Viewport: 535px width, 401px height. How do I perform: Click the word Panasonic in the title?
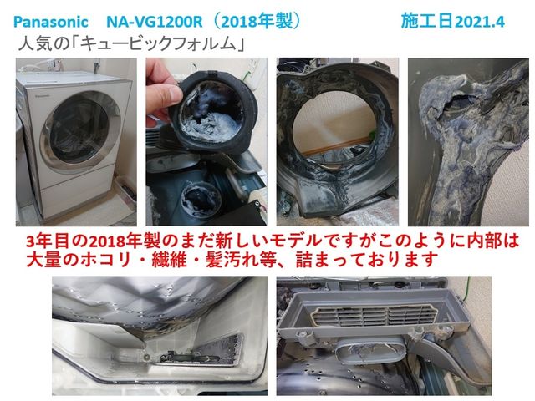51,23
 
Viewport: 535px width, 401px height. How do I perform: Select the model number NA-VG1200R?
155,23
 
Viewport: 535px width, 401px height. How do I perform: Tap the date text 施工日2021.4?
453,22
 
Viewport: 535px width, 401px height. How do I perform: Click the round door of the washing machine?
80,131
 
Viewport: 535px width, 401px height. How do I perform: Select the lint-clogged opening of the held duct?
211,111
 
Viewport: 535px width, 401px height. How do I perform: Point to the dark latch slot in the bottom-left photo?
190,358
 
